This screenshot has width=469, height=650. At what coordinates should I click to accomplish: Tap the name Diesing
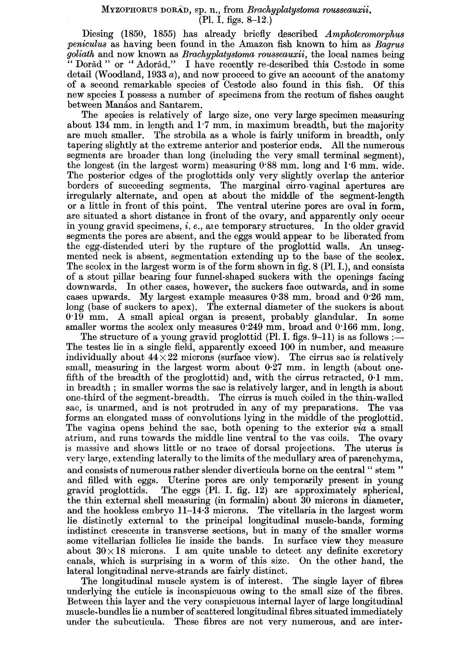pyautogui.click(x=98, y=34)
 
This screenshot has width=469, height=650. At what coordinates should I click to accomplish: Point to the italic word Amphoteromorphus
pyautogui.click(x=365, y=34)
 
